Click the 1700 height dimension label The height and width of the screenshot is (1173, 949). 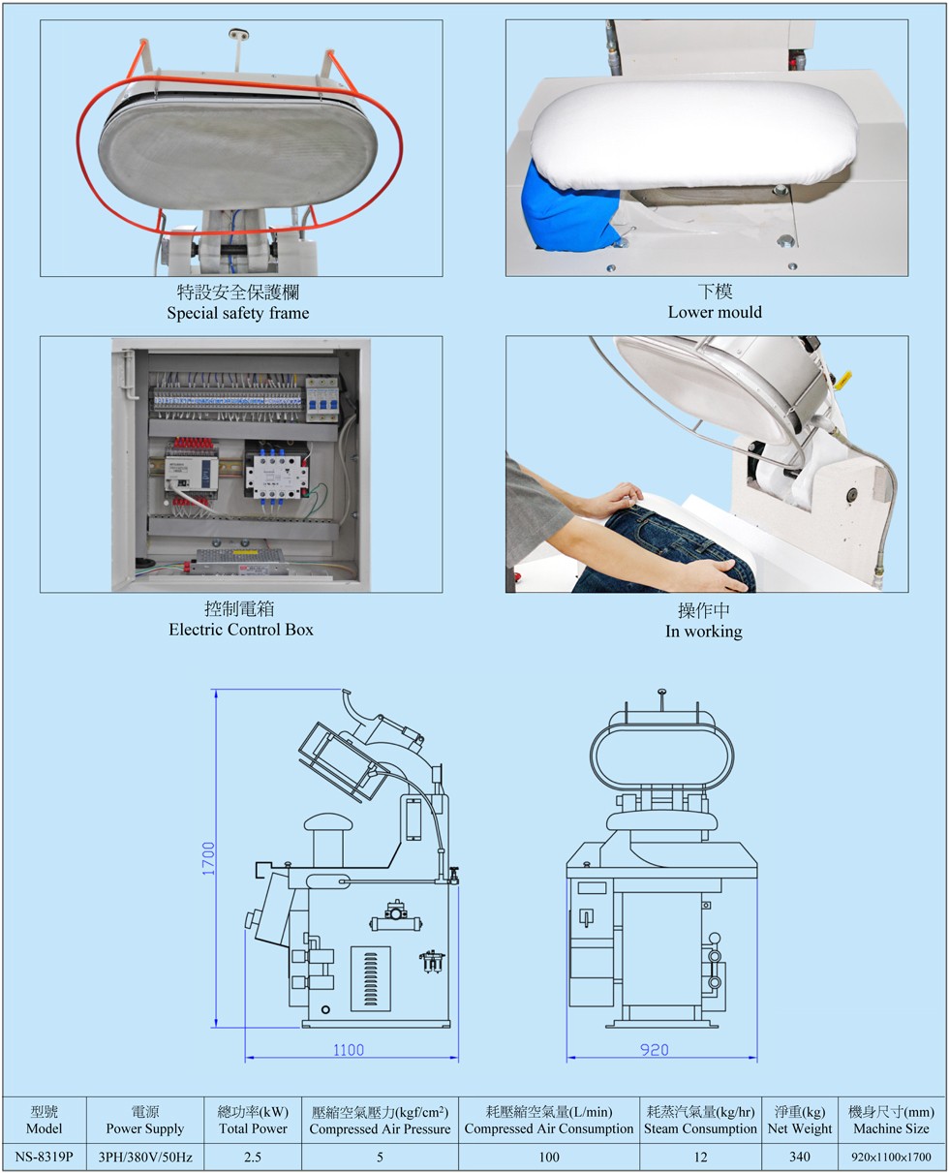[208, 858]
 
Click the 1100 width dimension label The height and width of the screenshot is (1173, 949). [349, 1050]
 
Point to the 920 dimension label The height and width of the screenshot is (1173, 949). [655, 1050]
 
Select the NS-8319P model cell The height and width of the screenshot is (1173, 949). [44, 1157]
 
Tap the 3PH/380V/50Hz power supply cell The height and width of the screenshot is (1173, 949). [145, 1157]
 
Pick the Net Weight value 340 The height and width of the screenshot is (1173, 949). [799, 1156]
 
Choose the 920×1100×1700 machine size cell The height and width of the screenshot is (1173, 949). [891, 1157]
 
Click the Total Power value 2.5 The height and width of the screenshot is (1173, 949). [253, 1157]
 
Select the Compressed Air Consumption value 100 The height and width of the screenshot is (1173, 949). [549, 1157]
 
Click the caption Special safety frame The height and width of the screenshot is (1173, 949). [238, 314]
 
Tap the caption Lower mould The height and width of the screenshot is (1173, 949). [715, 312]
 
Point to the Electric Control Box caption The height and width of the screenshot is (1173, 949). [241, 630]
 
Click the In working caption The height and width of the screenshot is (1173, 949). [703, 632]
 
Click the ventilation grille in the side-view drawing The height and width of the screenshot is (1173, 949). [371, 978]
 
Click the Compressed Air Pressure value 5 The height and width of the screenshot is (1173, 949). [380, 1157]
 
